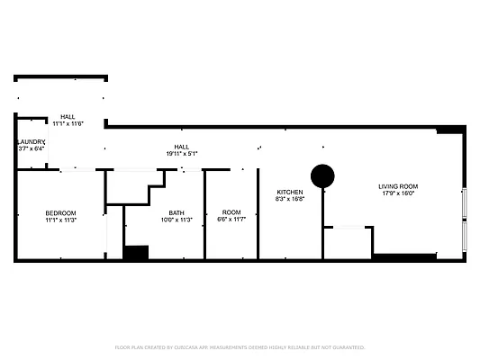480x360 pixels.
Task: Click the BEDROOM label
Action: [x=61, y=212]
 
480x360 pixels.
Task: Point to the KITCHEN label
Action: [x=289, y=192]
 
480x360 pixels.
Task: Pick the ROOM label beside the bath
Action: [x=231, y=212]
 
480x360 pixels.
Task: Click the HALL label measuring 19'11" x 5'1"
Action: [x=181, y=147]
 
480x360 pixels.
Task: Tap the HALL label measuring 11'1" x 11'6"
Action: [x=68, y=117]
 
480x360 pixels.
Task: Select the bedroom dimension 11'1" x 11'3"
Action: [x=61, y=220]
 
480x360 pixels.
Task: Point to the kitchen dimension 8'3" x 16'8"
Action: [x=289, y=199]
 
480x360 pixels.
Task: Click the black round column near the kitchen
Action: [x=322, y=175]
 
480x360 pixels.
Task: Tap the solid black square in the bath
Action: [x=135, y=253]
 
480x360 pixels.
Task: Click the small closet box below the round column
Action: [x=347, y=242]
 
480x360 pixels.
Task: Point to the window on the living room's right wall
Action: [x=464, y=217]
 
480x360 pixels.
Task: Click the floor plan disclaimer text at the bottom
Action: [x=240, y=346]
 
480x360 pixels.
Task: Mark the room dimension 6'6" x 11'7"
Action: [x=231, y=220]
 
